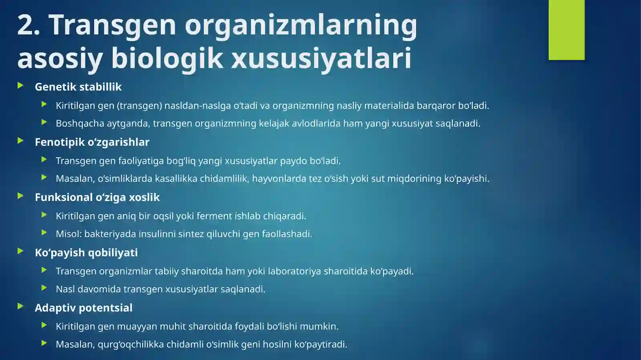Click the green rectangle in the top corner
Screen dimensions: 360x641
pyautogui.click(x=566, y=30)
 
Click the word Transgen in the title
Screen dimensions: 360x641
pyautogui.click(x=112, y=25)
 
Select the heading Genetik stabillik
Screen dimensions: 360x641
pyautogui.click(x=78, y=87)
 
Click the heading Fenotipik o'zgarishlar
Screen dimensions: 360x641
pyautogui.click(x=92, y=142)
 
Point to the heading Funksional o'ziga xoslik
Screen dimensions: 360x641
pyautogui.click(x=97, y=197)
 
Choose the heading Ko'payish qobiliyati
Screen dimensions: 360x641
pyautogui.click(x=86, y=253)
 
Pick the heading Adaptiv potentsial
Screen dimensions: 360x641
pyautogui.click(x=83, y=308)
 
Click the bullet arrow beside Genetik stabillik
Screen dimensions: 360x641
pyautogui.click(x=20, y=85)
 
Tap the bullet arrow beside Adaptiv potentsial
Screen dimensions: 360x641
pyautogui.click(x=20, y=306)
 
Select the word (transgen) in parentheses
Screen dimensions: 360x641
pyautogui.click(x=139, y=106)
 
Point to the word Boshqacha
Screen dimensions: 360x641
pyautogui.click(x=80, y=123)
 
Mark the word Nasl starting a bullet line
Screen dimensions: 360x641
pyautogui.click(x=65, y=289)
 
